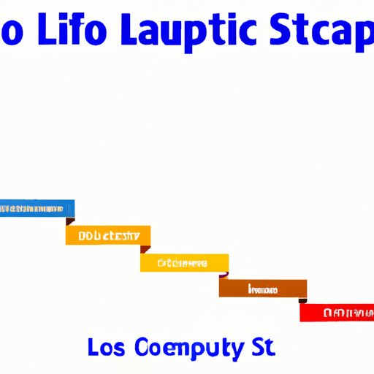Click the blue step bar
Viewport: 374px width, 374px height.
(37, 209)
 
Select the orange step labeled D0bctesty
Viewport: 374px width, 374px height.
(108, 235)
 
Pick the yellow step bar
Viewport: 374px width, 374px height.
(184, 262)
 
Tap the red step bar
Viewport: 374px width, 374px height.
(337, 313)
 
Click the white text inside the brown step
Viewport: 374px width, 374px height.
(262, 289)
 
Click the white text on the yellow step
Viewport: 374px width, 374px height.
(183, 263)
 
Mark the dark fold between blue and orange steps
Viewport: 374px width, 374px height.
(70, 221)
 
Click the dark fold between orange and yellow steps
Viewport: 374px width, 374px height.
(145, 248)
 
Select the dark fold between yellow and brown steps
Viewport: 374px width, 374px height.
(224, 275)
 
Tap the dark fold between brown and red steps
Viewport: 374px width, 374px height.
(302, 299)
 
